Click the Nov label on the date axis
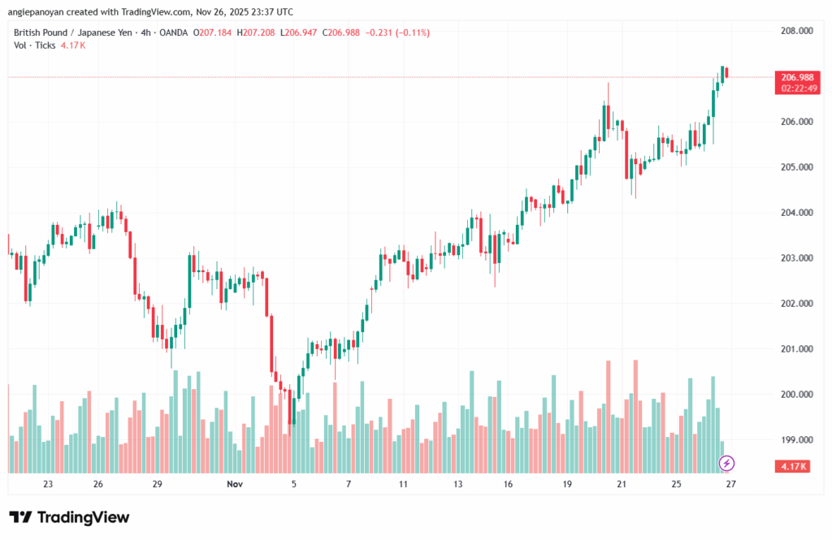coord(235,484)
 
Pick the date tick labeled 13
coord(457,484)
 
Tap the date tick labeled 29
coord(158,484)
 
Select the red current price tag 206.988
coord(798,77)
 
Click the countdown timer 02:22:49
coord(798,88)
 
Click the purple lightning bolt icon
coord(727,463)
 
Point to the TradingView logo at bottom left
coord(69,517)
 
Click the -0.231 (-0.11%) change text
coord(398,32)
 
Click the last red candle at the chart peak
coord(726,73)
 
